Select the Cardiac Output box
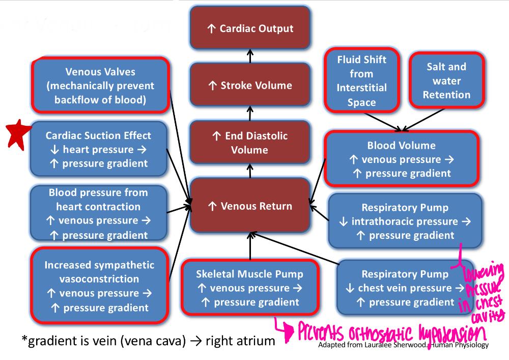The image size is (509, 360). pos(250,28)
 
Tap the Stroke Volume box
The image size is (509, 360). pos(250,85)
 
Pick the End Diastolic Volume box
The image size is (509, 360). pos(250,143)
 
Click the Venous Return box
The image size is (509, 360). pos(250,206)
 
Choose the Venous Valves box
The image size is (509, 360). pos(100,86)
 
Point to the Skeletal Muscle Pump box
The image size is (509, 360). pos(249,288)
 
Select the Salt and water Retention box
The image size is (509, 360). pos(446,80)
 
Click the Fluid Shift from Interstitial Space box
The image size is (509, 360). pos(361,80)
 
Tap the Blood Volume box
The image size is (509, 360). pos(401,159)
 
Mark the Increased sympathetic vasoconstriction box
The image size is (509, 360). pos(99,286)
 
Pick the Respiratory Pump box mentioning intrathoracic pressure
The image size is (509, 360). pos(405,221)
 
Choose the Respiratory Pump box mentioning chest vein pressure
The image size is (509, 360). pos(405,288)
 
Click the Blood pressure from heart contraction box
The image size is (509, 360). pos(99,213)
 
